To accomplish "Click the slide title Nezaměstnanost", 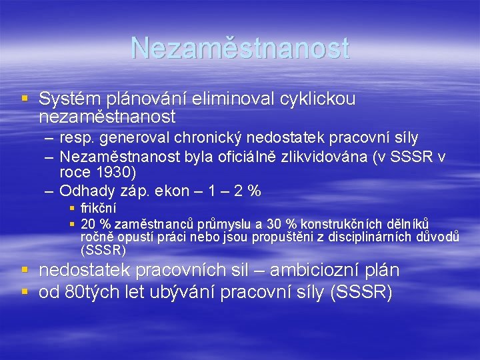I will [x=240, y=48].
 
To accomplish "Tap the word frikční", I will [x=98, y=209].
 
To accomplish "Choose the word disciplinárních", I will [x=369, y=237].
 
